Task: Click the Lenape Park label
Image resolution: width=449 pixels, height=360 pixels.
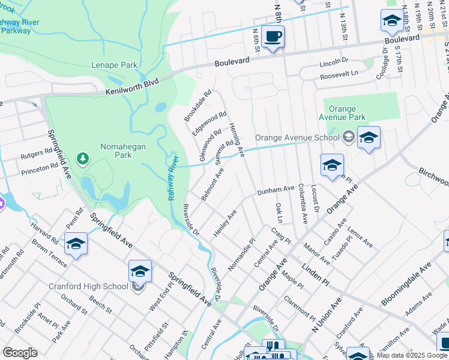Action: (x=114, y=65)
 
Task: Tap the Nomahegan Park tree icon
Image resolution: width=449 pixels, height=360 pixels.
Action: (x=82, y=158)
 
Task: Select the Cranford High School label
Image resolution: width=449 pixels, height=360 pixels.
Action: (x=88, y=286)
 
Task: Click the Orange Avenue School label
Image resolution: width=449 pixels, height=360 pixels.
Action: (x=297, y=137)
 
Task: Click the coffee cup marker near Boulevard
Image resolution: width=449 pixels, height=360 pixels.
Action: (x=273, y=37)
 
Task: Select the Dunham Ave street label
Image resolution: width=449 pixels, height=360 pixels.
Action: (x=276, y=191)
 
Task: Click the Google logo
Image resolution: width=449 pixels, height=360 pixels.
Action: (x=20, y=353)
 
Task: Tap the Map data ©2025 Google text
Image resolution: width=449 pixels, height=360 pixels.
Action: (x=411, y=355)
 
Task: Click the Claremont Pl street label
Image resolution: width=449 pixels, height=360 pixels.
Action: (x=300, y=308)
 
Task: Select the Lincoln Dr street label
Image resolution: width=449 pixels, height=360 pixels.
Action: (x=334, y=61)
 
